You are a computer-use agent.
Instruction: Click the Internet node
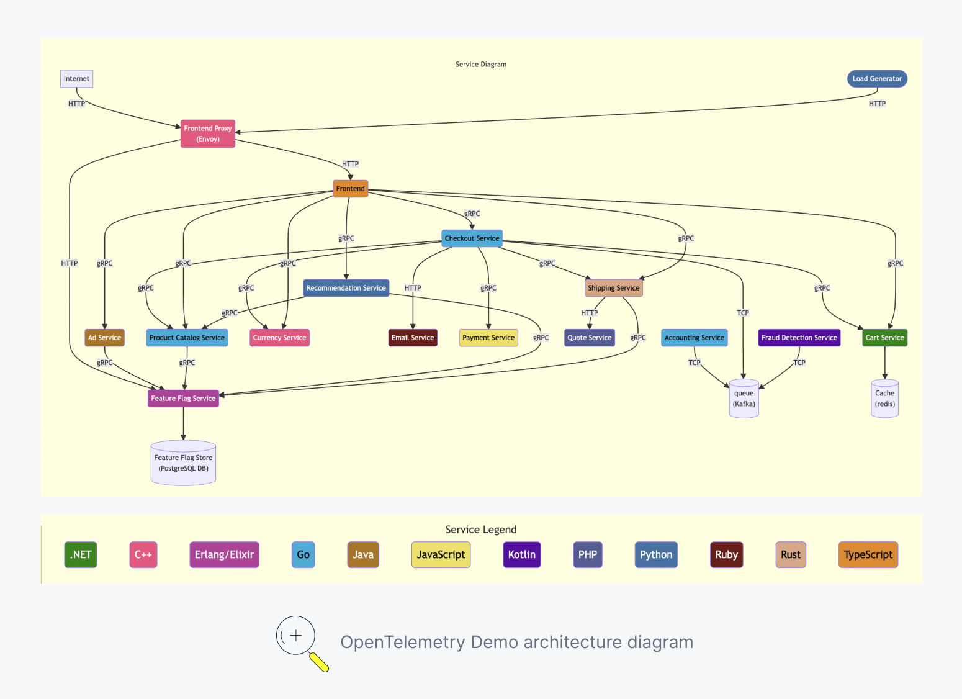[76, 79]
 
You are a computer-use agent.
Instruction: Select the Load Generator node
[877, 79]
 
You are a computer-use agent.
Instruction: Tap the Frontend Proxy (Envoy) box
[208, 133]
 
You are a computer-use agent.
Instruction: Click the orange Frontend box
[351, 189]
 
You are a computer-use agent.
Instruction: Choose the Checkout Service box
[472, 238]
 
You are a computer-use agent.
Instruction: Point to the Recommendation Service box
[346, 288]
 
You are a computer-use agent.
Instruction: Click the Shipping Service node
[613, 288]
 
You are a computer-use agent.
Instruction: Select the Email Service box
[413, 338]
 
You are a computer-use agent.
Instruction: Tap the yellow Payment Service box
[488, 338]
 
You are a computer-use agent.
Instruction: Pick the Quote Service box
[590, 338]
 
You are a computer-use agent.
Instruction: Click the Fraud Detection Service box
[799, 338]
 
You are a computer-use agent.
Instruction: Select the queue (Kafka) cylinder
[744, 399]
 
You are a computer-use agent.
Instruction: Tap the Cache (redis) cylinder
[884, 399]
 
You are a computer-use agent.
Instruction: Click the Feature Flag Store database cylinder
[183, 463]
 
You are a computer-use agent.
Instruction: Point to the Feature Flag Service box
[183, 399]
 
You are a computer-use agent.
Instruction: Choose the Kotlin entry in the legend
[521, 555]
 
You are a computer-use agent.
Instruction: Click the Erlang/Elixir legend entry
[224, 555]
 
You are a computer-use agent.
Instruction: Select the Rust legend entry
[790, 555]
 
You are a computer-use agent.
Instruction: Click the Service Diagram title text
[481, 65]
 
